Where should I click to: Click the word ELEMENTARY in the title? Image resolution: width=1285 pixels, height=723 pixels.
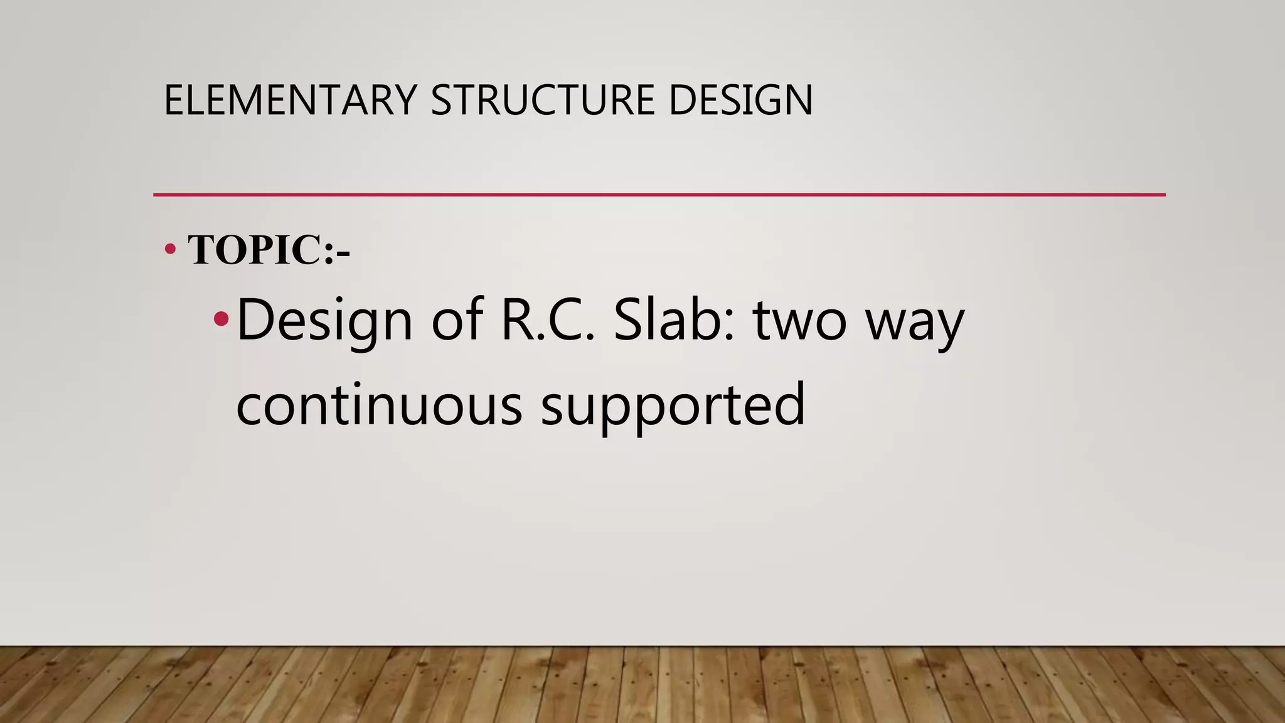pyautogui.click(x=290, y=100)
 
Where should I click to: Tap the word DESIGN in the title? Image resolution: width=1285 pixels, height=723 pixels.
pyautogui.click(x=740, y=100)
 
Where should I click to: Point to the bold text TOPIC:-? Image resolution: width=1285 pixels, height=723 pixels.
pyautogui.click(x=269, y=250)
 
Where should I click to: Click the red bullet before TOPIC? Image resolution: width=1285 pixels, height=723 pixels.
pyautogui.click(x=169, y=250)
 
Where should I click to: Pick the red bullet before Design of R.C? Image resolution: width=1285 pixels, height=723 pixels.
pyautogui.click(x=221, y=319)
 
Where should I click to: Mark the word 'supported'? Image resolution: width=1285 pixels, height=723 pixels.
pyautogui.click(x=673, y=407)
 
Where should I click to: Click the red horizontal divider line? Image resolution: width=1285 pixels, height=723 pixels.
pyautogui.click(x=659, y=195)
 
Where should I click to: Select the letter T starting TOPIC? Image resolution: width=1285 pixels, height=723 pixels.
pyautogui.click(x=202, y=250)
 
